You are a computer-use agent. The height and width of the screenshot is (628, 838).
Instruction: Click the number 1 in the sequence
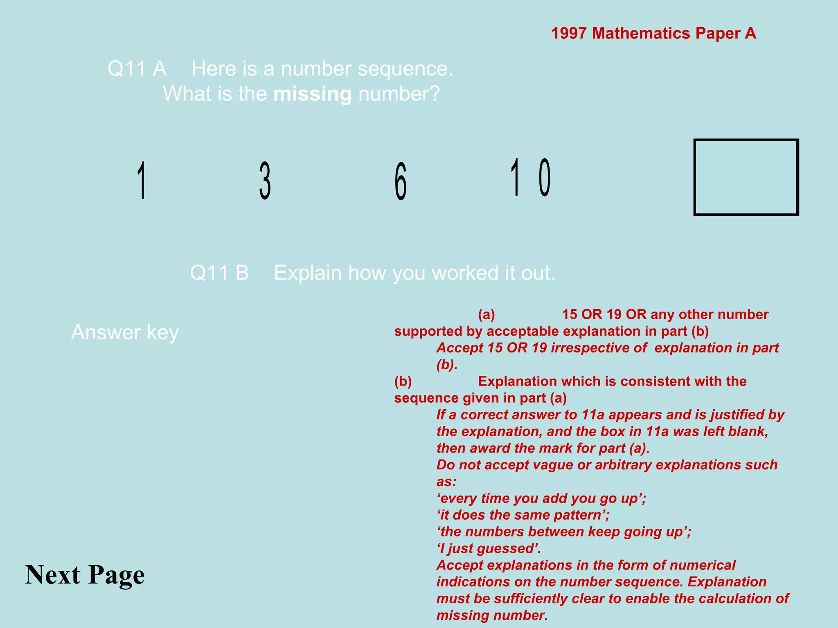tap(142, 180)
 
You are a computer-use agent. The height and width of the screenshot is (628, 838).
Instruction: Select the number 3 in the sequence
tap(265, 180)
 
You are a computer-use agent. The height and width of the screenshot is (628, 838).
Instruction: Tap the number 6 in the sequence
tap(401, 181)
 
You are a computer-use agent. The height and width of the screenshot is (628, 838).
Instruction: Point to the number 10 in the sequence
tap(530, 177)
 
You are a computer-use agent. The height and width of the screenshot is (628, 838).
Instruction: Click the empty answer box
tap(746, 177)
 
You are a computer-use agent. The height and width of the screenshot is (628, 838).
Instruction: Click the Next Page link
tap(85, 574)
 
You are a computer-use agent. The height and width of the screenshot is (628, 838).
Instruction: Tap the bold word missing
tap(312, 94)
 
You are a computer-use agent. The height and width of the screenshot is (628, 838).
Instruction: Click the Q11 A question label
tap(137, 68)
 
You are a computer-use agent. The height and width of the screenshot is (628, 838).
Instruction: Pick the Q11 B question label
tap(219, 273)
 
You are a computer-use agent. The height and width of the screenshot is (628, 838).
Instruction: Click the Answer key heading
tap(125, 332)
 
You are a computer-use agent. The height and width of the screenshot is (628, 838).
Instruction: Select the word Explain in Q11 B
tap(307, 273)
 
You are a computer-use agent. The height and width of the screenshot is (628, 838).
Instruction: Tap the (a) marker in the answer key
tap(487, 314)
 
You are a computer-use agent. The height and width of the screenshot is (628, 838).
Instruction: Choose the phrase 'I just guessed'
tap(489, 548)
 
